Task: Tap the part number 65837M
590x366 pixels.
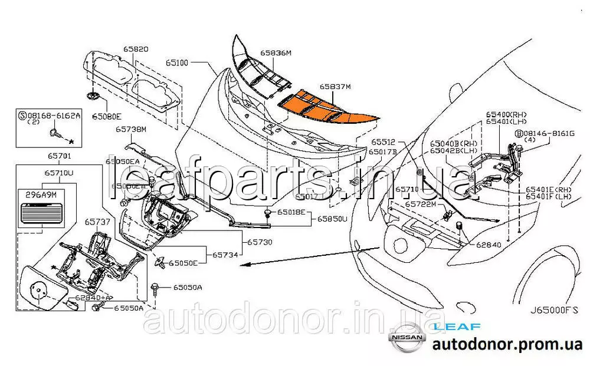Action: [335, 87]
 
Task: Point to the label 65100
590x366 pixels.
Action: [176, 61]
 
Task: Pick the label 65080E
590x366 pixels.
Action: [106, 116]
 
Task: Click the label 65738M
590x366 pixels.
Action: [130, 128]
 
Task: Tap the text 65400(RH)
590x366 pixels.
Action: [506, 114]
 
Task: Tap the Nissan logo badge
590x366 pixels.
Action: [405, 338]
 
